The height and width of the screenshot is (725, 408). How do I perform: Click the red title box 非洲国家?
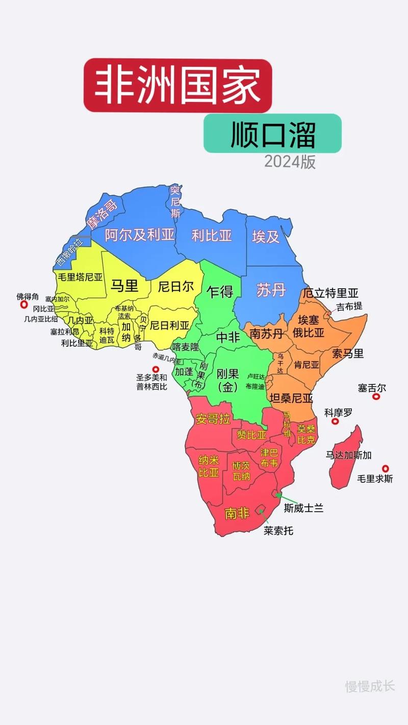point(177,85)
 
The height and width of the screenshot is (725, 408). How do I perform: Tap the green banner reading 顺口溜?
point(272,134)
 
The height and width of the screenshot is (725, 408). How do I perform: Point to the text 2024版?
point(290,162)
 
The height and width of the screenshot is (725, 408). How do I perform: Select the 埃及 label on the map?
point(266,236)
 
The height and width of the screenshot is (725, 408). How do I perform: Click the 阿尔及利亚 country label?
point(139,235)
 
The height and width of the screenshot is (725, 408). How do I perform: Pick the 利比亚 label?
point(212,235)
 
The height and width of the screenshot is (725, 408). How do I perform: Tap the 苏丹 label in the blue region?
point(271,290)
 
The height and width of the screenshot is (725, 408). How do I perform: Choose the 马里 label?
point(125,286)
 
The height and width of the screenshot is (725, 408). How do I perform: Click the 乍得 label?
point(220,292)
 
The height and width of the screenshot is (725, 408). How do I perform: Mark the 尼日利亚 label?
point(169,325)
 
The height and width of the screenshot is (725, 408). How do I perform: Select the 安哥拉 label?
point(213,419)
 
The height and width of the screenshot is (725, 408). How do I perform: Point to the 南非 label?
point(237,512)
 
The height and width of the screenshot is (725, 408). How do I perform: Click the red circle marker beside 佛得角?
point(23,304)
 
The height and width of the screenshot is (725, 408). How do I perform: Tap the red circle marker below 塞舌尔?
point(376,396)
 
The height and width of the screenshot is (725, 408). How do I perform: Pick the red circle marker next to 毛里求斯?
point(386,468)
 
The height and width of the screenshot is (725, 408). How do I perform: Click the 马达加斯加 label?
point(349,455)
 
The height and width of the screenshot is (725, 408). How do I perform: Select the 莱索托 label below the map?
point(278,531)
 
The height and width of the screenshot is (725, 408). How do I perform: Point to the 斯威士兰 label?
point(304,508)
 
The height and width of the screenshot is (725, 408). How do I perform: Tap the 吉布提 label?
point(349,306)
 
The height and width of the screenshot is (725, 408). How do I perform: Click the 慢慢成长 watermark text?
point(370,686)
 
